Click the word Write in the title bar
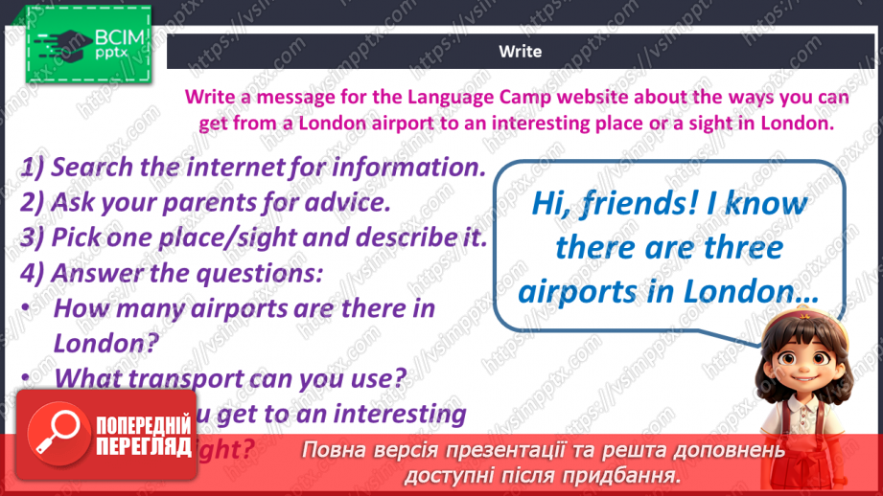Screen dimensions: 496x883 520,52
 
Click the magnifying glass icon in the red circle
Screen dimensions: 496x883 56,434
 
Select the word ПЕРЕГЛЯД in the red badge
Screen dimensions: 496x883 144,446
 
